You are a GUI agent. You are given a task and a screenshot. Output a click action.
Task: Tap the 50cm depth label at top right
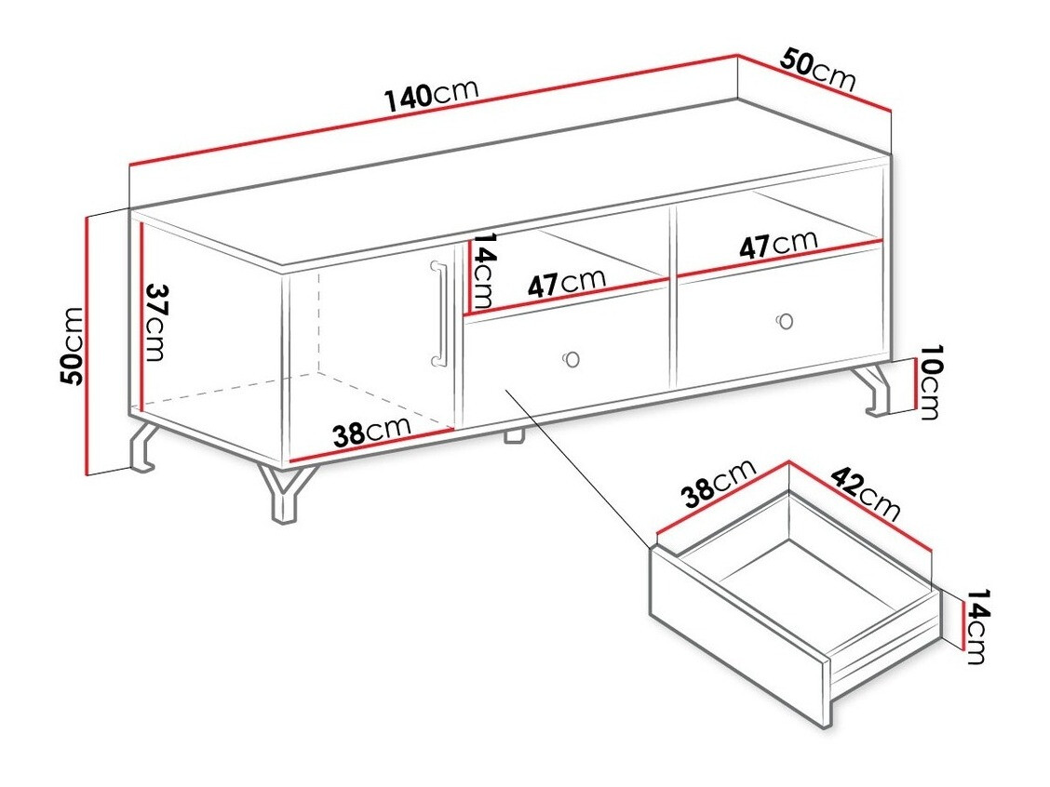point(817,71)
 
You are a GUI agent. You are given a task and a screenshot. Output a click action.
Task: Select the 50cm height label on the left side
point(72,345)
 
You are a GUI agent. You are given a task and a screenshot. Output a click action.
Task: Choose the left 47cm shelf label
point(566,282)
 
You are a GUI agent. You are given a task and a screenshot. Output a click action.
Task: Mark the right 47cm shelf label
point(778,245)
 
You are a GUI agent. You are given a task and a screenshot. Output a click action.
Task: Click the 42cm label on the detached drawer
point(865,495)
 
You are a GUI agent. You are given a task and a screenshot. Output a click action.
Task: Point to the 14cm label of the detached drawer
point(976,626)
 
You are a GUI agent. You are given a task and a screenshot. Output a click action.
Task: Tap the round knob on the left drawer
point(571,359)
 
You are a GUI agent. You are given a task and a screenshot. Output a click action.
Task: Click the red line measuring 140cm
point(433,111)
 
